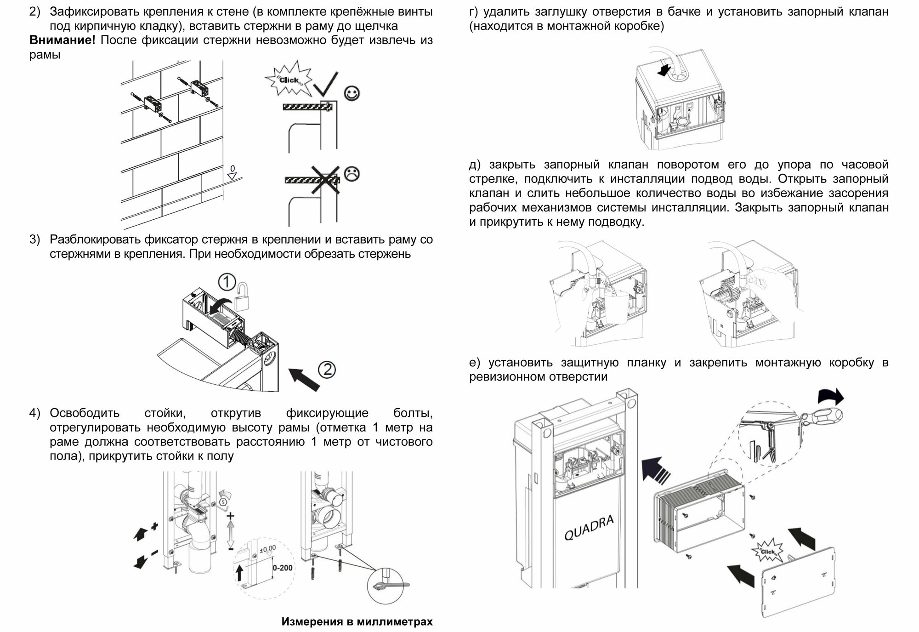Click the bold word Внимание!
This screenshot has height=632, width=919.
click(x=62, y=40)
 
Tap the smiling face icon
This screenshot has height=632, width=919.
click(x=352, y=94)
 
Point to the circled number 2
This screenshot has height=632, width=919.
click(x=327, y=370)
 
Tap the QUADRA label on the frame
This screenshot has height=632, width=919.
click(x=589, y=528)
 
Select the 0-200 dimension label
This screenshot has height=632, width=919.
click(x=282, y=568)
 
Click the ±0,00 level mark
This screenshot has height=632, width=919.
click(x=267, y=548)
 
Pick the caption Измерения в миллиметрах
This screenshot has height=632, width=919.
click(x=357, y=622)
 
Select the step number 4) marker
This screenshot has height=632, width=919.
click(x=35, y=413)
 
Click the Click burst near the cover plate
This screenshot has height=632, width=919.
click(x=767, y=551)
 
